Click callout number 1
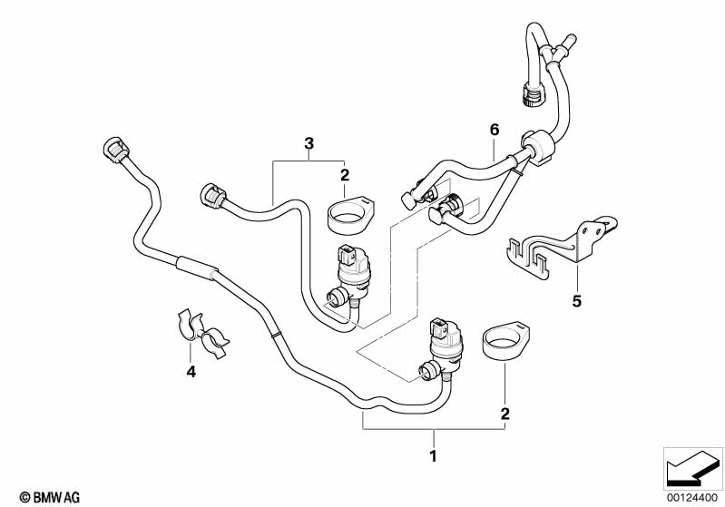coord(433,455)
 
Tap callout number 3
coord(309,143)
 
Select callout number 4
coord(191,371)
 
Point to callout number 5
coord(576,301)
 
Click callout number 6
coord(495,130)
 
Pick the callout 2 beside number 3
coord(345,175)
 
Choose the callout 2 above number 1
coord(505,414)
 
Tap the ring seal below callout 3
coord(350,215)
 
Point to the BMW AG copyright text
coord(50,497)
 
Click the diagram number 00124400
coord(691,498)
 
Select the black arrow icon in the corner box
coord(693,468)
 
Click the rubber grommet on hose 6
coord(539,145)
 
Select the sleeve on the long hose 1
coord(195,268)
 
